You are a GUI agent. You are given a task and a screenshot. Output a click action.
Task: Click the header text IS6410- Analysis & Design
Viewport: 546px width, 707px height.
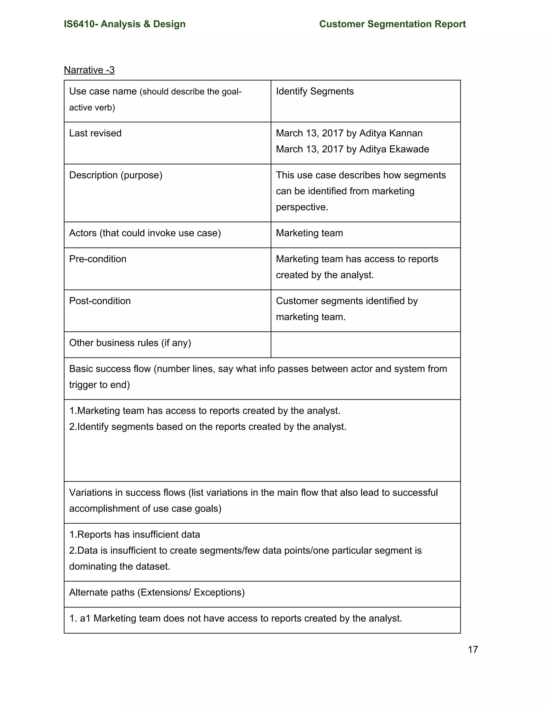click(125, 24)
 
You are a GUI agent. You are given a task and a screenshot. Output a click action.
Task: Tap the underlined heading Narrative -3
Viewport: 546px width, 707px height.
click(89, 70)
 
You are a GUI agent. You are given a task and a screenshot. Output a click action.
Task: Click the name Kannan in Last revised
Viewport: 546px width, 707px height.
click(407, 133)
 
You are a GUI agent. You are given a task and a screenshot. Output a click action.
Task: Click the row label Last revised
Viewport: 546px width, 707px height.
click(95, 133)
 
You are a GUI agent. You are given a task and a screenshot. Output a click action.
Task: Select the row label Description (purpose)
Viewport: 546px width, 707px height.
click(115, 175)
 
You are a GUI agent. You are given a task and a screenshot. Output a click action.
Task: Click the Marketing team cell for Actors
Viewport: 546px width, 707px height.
click(309, 233)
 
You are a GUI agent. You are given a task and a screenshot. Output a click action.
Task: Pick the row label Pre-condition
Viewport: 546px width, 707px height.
click(98, 259)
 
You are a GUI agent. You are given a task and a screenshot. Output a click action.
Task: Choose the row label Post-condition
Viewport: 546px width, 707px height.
click(100, 301)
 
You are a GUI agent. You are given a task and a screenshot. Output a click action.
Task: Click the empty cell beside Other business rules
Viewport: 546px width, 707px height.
click(365, 345)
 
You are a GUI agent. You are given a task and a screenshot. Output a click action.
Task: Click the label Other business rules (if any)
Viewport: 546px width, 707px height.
click(130, 343)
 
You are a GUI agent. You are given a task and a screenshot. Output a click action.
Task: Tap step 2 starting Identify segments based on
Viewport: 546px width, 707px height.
click(208, 427)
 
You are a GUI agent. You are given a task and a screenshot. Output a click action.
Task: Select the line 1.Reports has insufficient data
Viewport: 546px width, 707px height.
click(135, 534)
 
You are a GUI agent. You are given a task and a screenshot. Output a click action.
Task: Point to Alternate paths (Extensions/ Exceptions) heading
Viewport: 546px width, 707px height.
click(157, 592)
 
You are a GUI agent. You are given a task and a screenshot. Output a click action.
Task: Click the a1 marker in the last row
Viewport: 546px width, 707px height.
click(85, 619)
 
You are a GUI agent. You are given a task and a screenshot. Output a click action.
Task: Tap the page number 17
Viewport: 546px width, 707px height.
click(473, 649)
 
